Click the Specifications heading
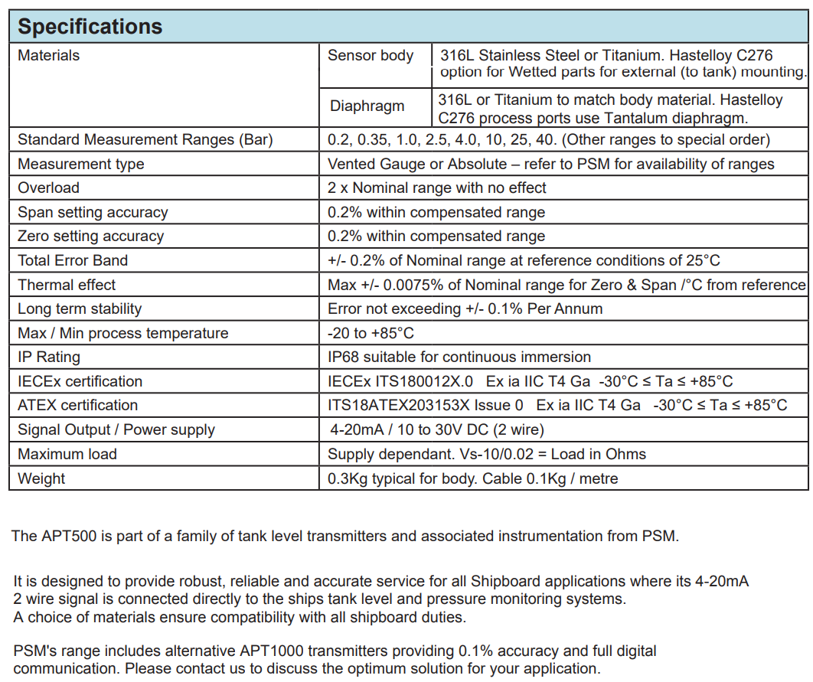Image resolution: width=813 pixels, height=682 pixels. (x=90, y=27)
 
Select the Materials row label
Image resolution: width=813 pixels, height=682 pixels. (x=48, y=55)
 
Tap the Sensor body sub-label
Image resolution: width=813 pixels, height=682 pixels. (x=371, y=55)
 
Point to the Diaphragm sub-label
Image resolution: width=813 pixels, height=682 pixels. (x=367, y=106)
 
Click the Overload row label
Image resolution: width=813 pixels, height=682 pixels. (x=48, y=188)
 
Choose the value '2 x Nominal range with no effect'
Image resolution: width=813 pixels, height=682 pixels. (x=437, y=188)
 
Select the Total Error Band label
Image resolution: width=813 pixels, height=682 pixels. (x=73, y=260)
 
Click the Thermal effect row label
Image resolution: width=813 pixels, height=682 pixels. (x=67, y=285)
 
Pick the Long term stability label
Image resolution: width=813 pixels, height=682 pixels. (x=80, y=308)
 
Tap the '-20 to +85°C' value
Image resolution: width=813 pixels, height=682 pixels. (x=371, y=333)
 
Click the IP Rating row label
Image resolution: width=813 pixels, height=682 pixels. (x=48, y=357)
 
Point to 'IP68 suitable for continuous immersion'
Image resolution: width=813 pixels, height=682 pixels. (x=459, y=357)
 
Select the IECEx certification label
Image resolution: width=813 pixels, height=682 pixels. (x=80, y=381)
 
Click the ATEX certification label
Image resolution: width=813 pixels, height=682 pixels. (x=77, y=405)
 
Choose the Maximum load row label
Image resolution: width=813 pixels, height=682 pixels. (x=67, y=454)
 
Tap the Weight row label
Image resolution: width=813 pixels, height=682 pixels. (x=41, y=478)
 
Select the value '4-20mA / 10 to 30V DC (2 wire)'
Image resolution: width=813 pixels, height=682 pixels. (x=436, y=429)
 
